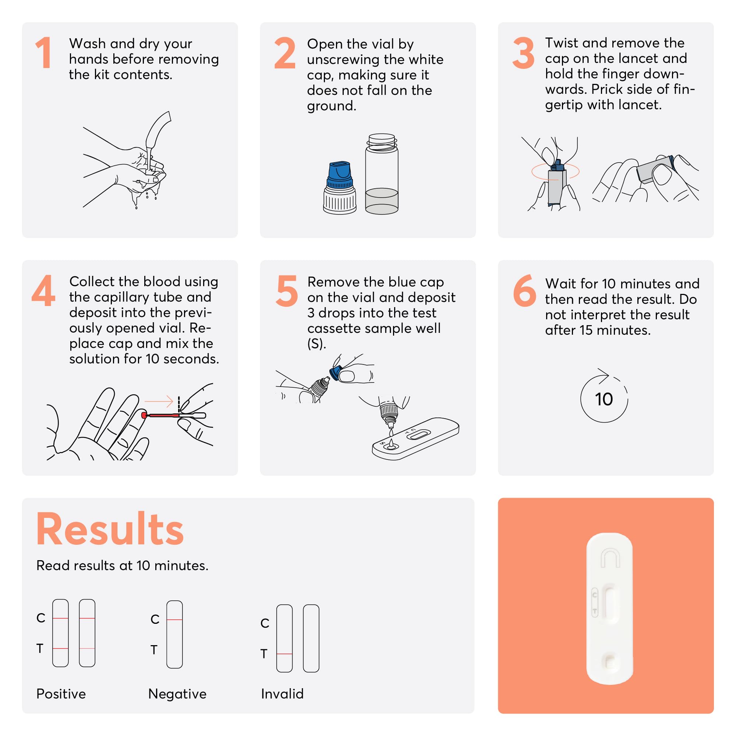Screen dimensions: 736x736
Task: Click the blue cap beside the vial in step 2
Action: pos(340,175)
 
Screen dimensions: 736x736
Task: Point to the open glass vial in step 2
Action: pos(382,174)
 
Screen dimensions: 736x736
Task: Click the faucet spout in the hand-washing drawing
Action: pos(158,129)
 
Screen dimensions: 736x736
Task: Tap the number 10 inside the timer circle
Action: pos(604,399)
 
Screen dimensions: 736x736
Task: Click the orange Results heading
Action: pos(110,529)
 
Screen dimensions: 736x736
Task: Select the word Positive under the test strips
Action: pos(61,694)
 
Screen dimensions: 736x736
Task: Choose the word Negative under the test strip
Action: pos(177,694)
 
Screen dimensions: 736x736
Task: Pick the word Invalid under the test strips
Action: pos(282,694)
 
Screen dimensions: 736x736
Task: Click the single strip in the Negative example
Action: pos(174,634)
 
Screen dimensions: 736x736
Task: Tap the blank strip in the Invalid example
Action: pos(311,638)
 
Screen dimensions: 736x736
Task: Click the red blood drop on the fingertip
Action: pos(144,415)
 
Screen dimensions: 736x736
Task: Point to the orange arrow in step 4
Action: pos(159,401)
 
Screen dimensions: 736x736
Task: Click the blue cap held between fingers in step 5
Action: pos(335,373)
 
